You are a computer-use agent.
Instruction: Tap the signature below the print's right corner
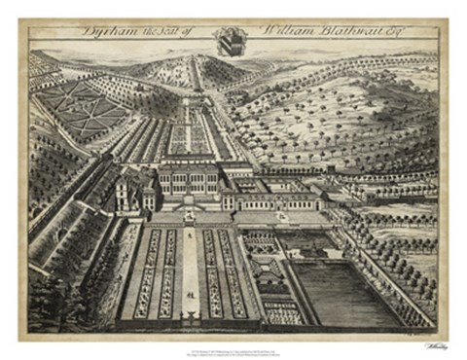429,342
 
